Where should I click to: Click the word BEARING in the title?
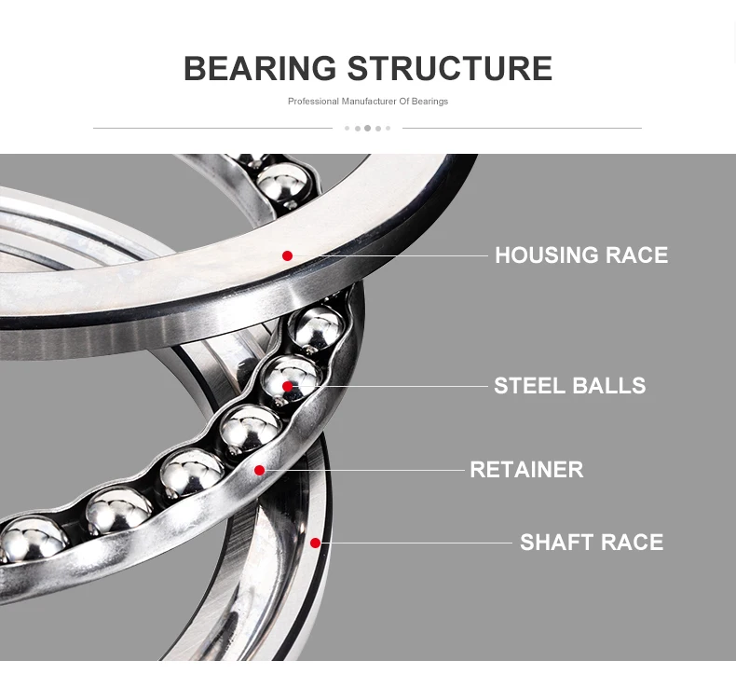click(260, 69)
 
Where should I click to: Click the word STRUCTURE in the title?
click(449, 69)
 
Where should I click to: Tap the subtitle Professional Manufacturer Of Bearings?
click(367, 102)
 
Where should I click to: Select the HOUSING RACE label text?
click(580, 255)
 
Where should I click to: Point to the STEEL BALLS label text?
click(569, 386)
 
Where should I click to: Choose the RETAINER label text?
click(526, 470)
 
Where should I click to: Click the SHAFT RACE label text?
click(591, 543)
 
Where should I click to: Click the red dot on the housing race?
click(287, 255)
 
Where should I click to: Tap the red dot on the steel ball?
click(287, 386)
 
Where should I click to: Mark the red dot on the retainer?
click(259, 470)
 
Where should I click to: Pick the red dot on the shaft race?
click(315, 543)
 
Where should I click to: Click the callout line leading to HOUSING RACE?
click(391, 255)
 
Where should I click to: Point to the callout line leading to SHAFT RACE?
click(419, 543)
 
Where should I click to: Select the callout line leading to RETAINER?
click(363, 470)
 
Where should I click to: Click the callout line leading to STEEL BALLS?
click(391, 386)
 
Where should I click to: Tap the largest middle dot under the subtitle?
click(367, 128)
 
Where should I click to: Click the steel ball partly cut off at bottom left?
click(28, 539)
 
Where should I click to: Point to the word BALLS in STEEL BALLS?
click(608, 386)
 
